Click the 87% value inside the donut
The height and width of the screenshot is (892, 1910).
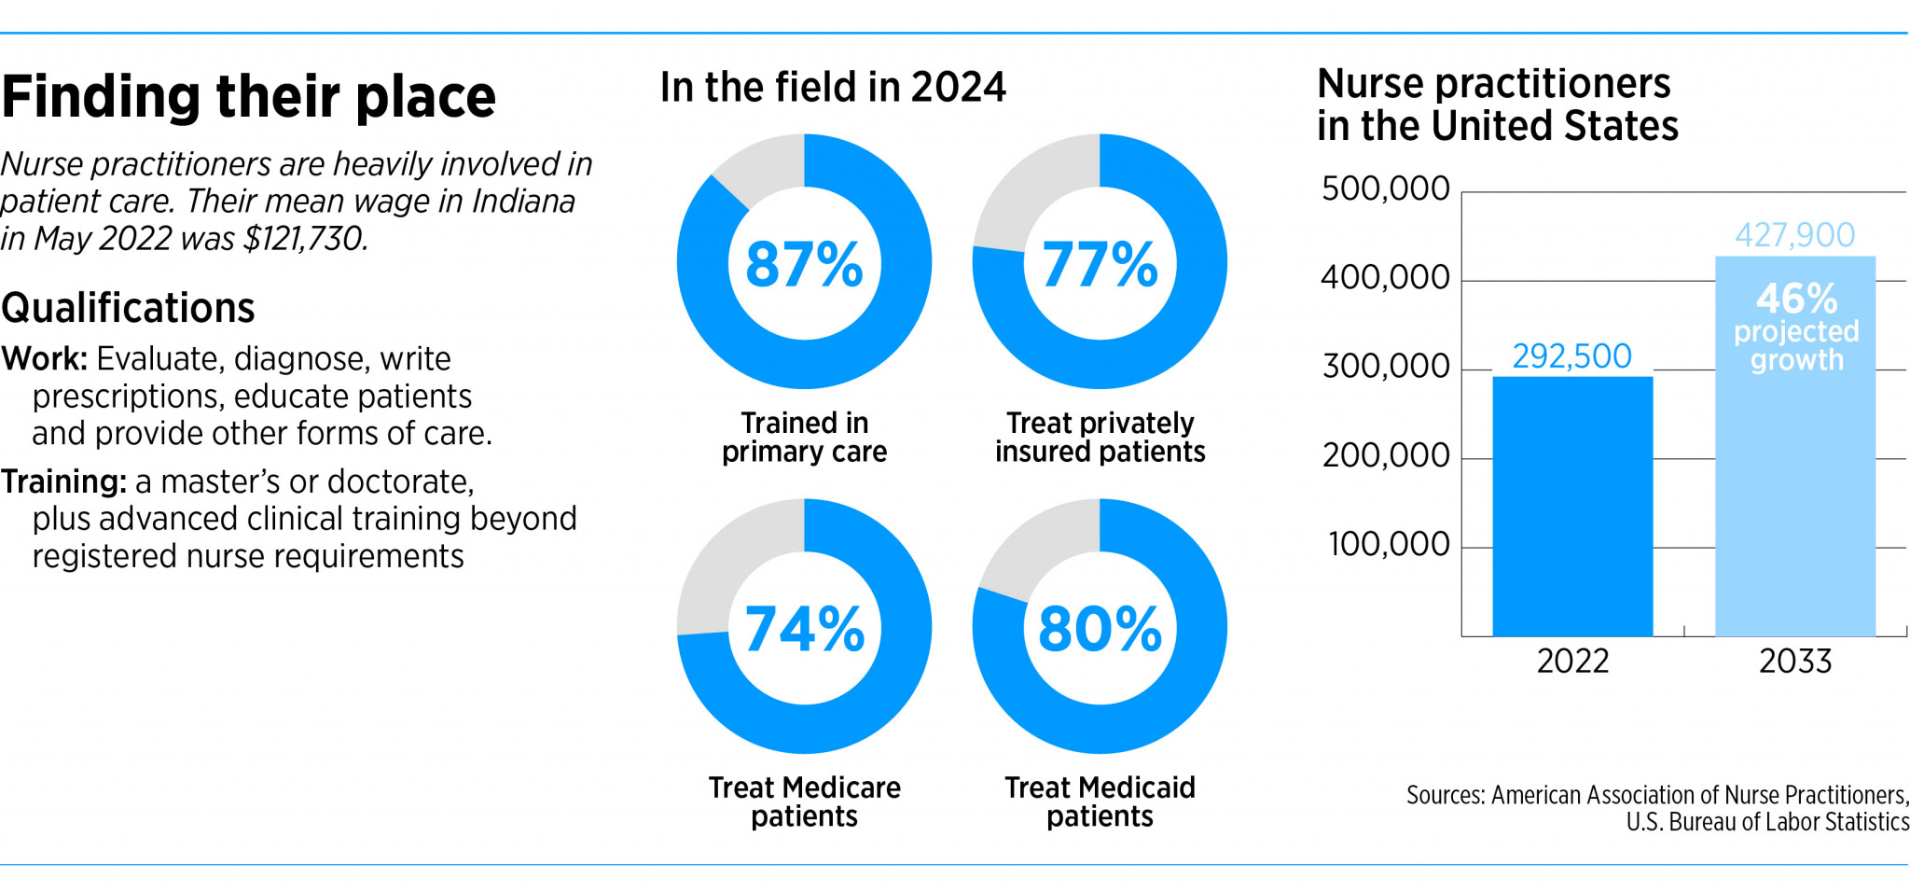(x=804, y=264)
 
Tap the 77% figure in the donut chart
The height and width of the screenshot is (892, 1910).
(x=1100, y=264)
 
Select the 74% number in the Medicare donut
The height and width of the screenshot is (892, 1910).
(x=804, y=629)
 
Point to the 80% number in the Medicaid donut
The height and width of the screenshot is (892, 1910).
(x=1100, y=629)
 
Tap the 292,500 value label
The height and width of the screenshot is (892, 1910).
(x=1571, y=355)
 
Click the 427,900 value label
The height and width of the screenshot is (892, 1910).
(x=1794, y=234)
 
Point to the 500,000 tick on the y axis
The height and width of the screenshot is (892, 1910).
(x=1385, y=188)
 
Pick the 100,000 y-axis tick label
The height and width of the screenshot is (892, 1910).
(x=1389, y=544)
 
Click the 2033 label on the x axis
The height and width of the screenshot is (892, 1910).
(x=1795, y=662)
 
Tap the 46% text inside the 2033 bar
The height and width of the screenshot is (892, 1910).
(x=1796, y=300)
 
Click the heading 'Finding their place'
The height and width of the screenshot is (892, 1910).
(x=248, y=97)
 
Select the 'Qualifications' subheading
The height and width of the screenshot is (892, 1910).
(x=128, y=308)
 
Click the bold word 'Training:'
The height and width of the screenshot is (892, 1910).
(x=63, y=481)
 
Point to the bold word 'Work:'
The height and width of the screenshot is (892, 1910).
(x=45, y=359)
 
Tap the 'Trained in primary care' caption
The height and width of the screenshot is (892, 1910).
(x=804, y=437)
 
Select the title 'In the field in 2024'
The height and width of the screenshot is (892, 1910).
(x=833, y=88)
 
